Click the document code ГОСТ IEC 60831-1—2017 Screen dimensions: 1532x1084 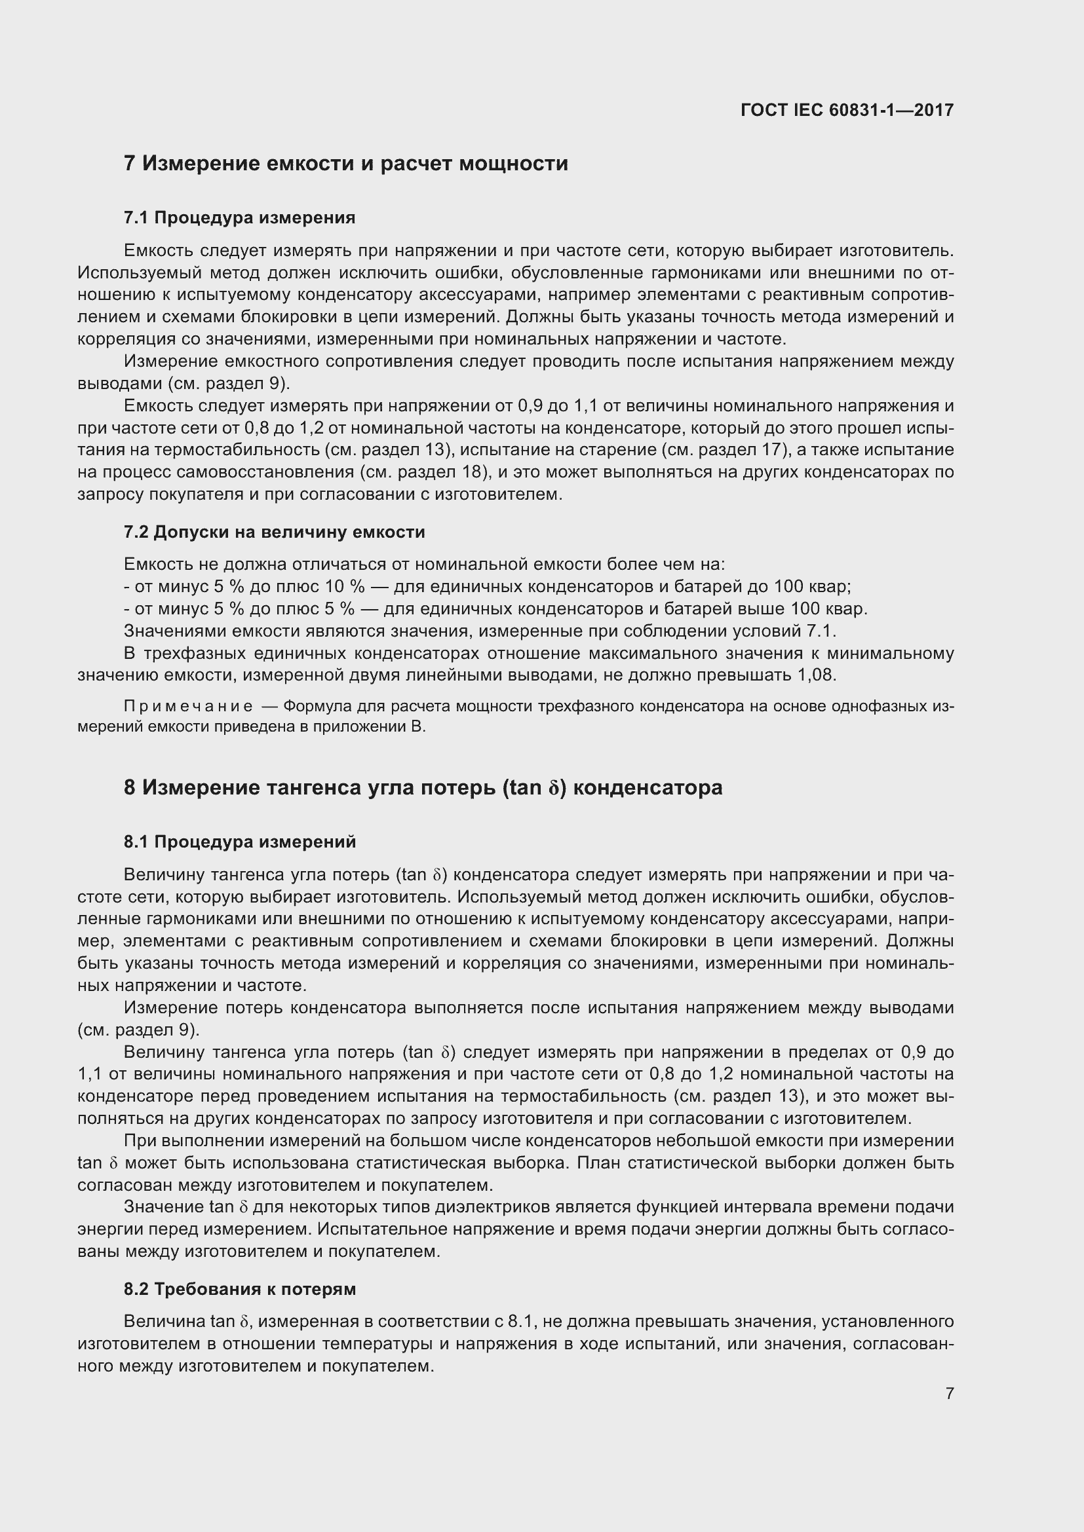pyautogui.click(x=846, y=110)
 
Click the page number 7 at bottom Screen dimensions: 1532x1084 pyautogui.click(x=949, y=1393)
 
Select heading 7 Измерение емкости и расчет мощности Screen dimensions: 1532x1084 pyautogui.click(x=346, y=164)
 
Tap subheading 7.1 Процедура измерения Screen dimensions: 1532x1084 pyautogui.click(x=240, y=217)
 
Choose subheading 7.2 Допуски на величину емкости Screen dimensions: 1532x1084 pyautogui.click(x=275, y=532)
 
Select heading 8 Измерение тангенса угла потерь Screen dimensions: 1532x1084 pyautogui.click(x=423, y=787)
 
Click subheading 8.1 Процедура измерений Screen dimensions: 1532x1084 pyautogui.click(x=240, y=842)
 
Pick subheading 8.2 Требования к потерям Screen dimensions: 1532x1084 pyautogui.click(x=240, y=1289)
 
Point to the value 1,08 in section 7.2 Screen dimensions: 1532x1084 pyautogui.click(x=816, y=675)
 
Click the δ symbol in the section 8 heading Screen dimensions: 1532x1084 pyautogui.click(x=552, y=789)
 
